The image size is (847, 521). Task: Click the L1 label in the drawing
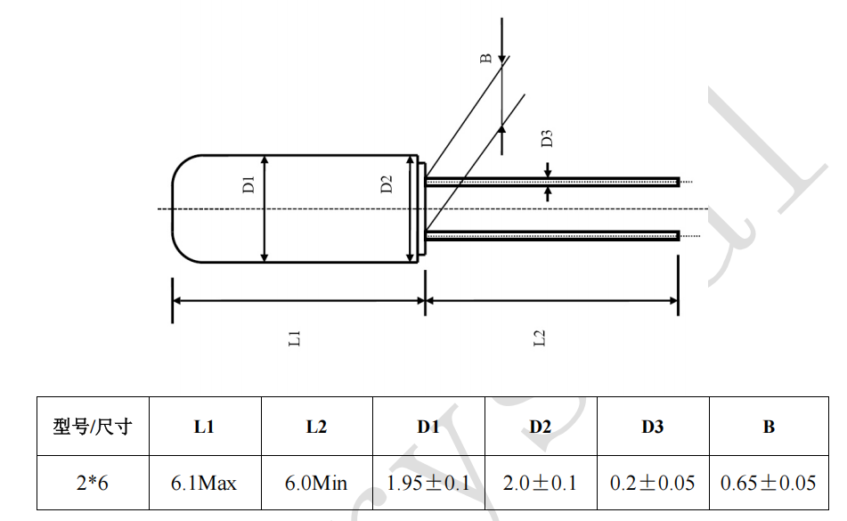[296, 338]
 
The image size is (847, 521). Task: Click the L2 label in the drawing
[539, 338]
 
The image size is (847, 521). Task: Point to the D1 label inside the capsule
[249, 184]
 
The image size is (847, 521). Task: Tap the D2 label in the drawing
[387, 184]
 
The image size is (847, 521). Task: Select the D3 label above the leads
[548, 138]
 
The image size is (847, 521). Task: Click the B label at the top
[486, 59]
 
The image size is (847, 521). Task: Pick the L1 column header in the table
[204, 427]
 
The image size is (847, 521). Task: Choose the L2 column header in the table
[316, 427]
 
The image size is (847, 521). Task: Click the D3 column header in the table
[653, 427]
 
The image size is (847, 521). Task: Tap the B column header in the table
[769, 427]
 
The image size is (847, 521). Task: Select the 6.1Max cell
[204, 484]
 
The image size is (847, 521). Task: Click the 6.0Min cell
[316, 484]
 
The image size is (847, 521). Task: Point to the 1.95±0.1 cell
[428, 484]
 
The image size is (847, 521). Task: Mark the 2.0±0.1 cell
[540, 484]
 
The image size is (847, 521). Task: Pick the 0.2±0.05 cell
[653, 484]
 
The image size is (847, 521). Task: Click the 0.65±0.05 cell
[769, 484]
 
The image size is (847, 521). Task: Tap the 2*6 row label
[93, 484]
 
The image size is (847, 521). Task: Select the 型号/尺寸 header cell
[93, 427]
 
